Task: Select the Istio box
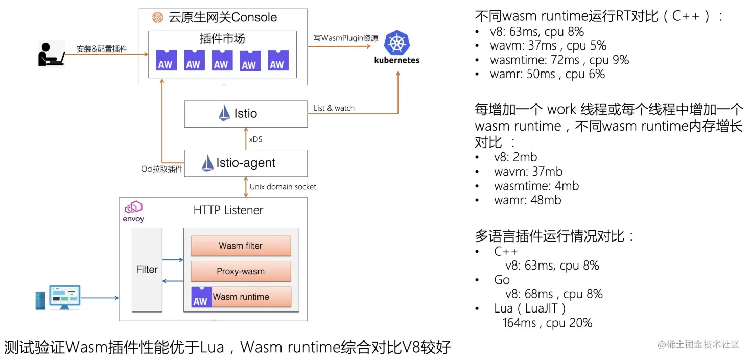click(245, 113)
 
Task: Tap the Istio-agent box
click(245, 163)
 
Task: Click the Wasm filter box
click(241, 246)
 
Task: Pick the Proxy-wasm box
click(241, 271)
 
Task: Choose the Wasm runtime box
click(241, 297)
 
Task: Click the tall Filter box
click(147, 270)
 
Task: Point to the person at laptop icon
click(51, 54)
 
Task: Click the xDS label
click(255, 139)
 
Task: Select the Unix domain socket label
click(283, 187)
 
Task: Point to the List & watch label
click(334, 108)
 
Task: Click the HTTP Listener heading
click(228, 210)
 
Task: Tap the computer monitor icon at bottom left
click(64, 297)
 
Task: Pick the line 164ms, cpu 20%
click(547, 323)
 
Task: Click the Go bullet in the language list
click(502, 280)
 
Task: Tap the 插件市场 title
click(222, 39)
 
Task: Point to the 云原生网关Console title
click(223, 17)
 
